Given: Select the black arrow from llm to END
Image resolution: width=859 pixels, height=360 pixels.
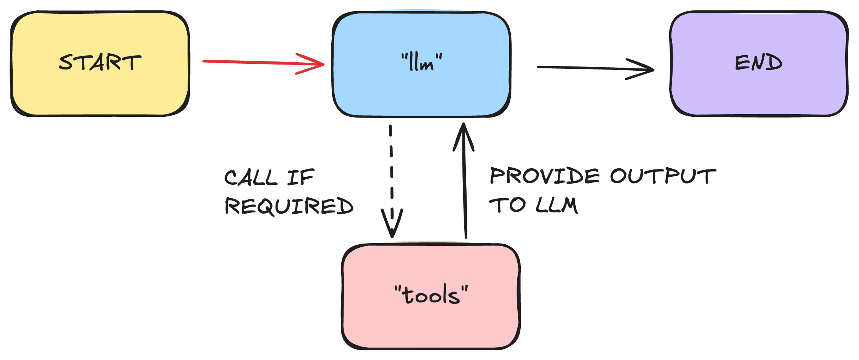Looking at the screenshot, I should [584, 68].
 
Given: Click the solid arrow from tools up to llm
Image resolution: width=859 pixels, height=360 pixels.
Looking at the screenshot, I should [465, 184].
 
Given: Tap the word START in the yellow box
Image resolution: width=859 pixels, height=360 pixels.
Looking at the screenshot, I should [100, 62].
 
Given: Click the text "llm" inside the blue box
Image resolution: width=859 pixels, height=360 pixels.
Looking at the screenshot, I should [422, 63].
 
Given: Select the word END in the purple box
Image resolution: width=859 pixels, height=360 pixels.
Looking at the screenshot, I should [759, 63].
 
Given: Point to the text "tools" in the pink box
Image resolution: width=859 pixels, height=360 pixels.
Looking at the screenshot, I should [431, 295].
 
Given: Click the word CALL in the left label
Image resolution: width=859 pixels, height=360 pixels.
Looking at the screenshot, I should [251, 178].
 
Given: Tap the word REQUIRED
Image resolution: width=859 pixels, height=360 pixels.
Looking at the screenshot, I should [289, 206].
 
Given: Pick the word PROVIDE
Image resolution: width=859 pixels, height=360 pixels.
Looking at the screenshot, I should [544, 176].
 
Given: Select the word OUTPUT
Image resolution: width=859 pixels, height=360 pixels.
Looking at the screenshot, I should [663, 176].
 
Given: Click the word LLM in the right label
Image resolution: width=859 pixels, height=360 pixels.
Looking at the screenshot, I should [556, 205].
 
